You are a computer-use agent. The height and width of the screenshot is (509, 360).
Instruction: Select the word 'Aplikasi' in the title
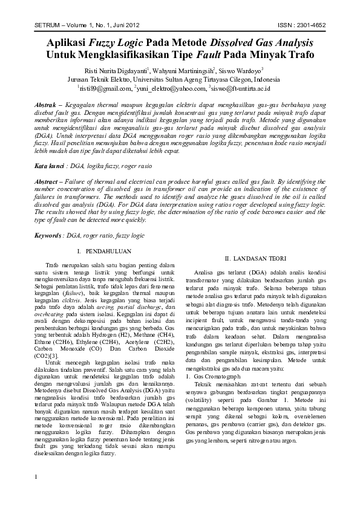point(68,44)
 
